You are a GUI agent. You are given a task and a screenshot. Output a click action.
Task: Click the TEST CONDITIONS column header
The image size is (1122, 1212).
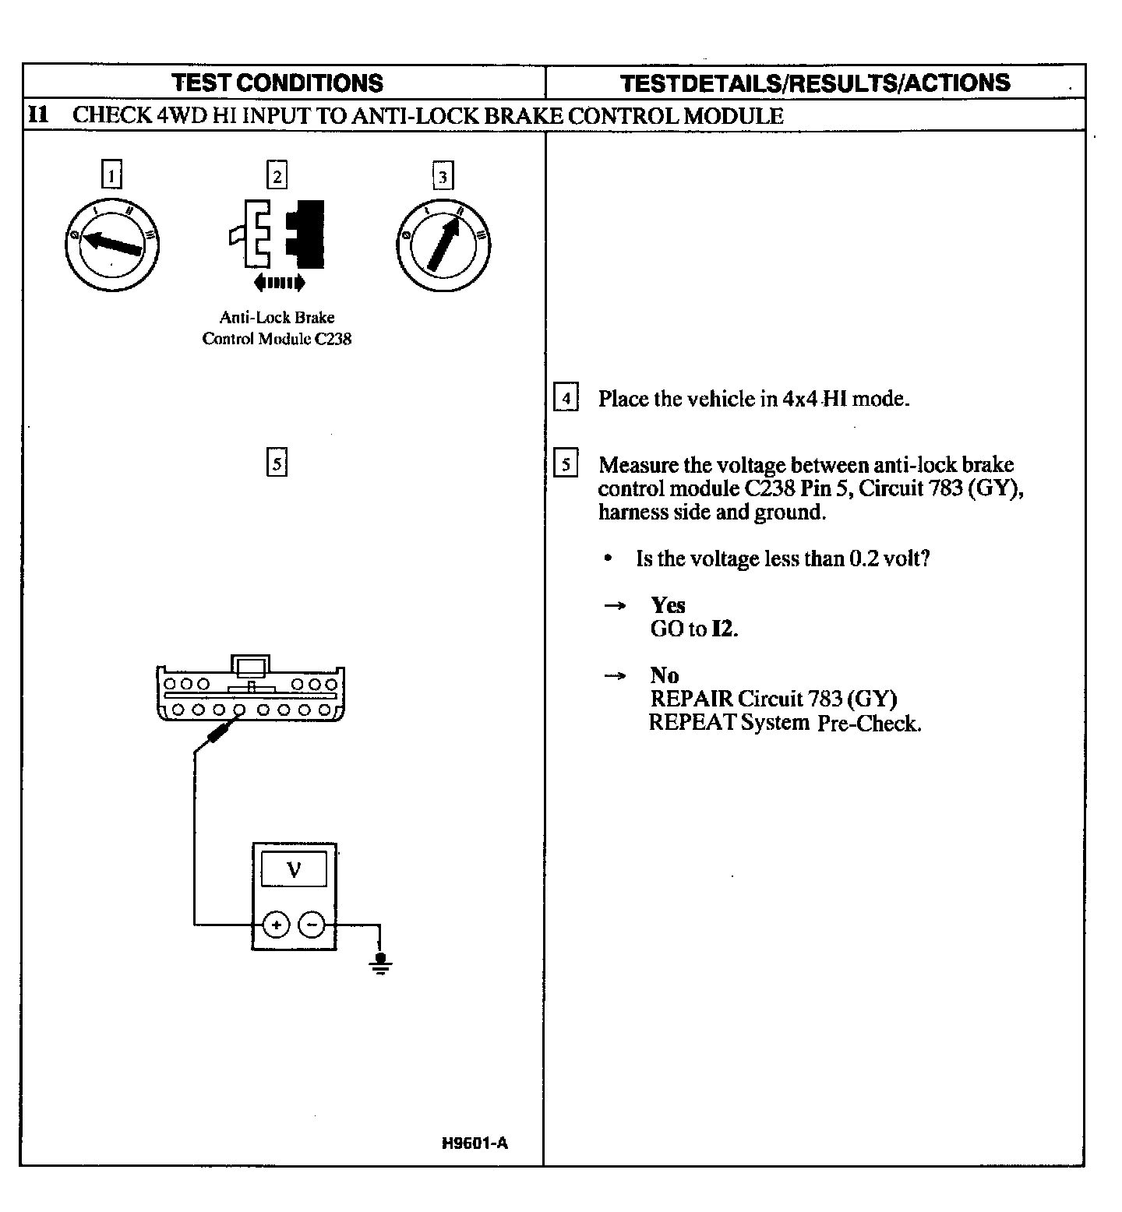pos(277,83)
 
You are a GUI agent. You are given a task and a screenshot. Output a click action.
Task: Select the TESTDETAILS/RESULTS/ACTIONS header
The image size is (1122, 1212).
pos(815,83)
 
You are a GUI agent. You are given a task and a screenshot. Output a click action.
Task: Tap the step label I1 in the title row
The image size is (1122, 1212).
pos(38,115)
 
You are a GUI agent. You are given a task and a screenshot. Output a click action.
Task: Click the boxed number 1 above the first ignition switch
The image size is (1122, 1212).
pos(112,174)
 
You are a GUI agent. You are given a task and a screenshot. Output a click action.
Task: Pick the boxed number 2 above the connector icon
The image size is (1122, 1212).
pos(277,174)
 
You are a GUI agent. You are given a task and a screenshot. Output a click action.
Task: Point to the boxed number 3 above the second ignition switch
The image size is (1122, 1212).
pos(443,177)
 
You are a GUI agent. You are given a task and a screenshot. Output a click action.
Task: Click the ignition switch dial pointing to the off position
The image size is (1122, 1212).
pos(112,245)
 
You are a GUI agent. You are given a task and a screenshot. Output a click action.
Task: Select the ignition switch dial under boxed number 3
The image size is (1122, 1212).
pos(443,245)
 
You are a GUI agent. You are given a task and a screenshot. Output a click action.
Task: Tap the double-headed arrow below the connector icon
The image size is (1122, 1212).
pos(279,282)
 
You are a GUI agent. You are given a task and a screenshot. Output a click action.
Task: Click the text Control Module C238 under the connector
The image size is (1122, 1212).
pos(277,339)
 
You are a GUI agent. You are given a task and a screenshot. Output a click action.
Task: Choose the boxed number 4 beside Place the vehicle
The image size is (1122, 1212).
pos(566,398)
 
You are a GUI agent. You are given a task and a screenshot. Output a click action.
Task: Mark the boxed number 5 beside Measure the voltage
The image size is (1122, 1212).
pos(566,464)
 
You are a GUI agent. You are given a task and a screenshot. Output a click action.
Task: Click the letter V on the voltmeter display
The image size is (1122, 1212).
pos(294,869)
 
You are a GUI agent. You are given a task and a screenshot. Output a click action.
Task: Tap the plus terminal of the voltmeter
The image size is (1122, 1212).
pos(275,925)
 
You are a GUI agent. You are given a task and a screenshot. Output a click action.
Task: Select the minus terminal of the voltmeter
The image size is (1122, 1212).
pos(312,925)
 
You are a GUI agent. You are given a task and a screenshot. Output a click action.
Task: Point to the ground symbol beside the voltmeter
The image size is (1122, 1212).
pos(380,963)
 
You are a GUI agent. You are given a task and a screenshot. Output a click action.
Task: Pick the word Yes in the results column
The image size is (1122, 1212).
pos(668,605)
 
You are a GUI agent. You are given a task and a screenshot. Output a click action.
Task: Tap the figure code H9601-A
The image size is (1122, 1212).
pos(475,1143)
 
